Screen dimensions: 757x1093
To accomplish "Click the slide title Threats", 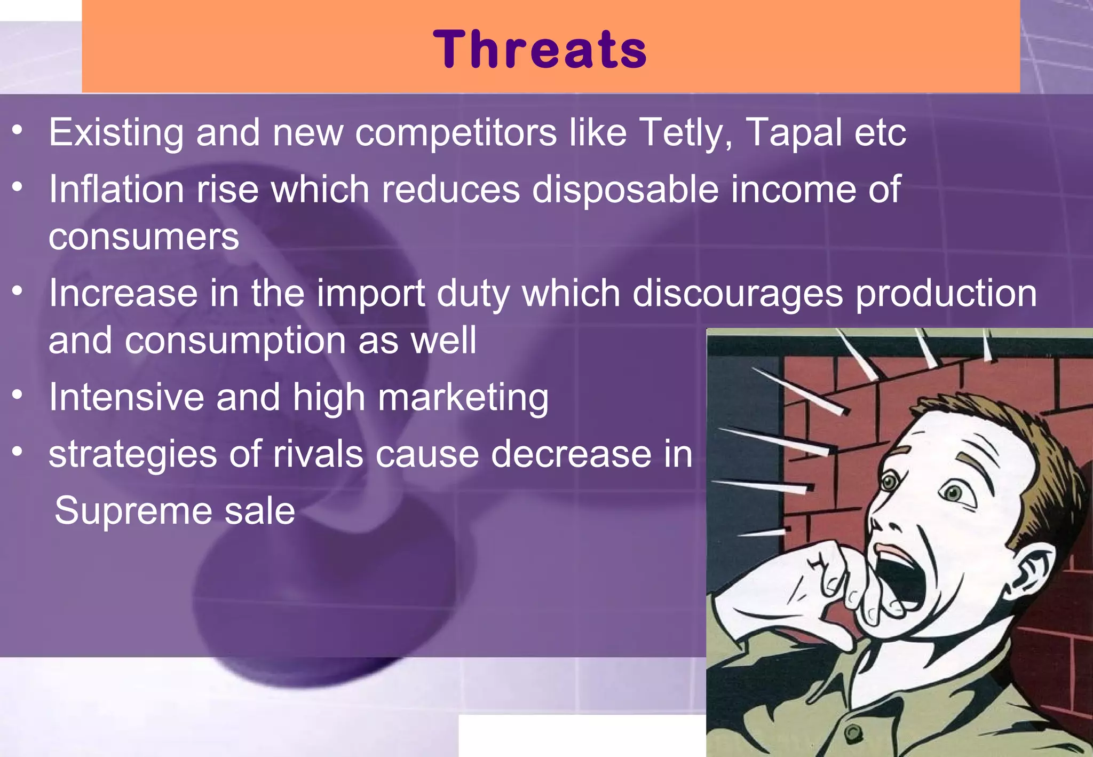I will [540, 49].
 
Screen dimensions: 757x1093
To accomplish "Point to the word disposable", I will [625, 190].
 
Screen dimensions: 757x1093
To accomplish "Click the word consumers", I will [144, 236].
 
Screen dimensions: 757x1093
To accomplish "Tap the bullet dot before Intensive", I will [18, 395].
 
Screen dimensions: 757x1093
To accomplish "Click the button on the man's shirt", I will [852, 734].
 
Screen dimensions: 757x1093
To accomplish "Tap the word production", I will [946, 294].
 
